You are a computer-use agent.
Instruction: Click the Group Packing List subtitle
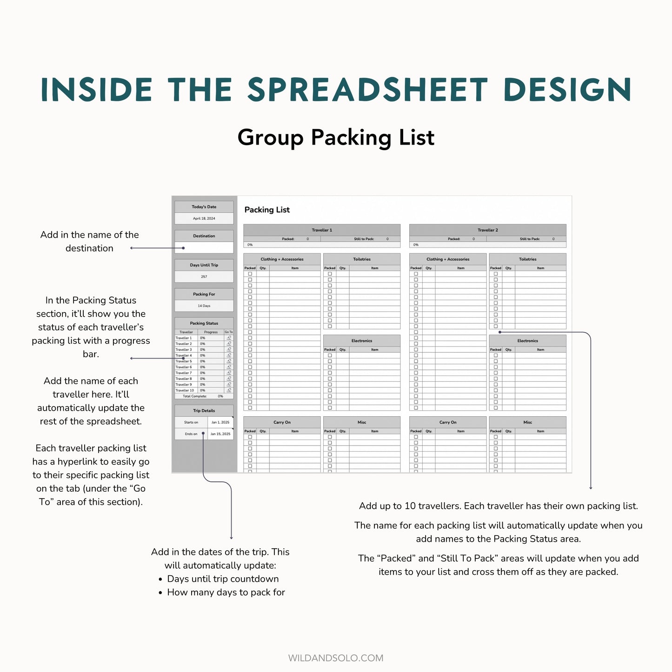336,138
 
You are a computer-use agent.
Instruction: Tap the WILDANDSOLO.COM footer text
336,658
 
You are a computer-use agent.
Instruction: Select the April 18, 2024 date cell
204,219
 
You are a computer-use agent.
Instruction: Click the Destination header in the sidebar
204,236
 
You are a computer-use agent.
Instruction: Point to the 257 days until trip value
204,277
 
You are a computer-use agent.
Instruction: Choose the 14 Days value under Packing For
204,306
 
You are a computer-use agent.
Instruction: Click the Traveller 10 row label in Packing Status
185,391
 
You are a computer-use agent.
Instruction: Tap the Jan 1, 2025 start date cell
220,422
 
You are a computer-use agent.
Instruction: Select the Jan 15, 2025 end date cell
220,434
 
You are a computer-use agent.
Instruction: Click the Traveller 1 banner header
322,230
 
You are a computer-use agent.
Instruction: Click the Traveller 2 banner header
487,230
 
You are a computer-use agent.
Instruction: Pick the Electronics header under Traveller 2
527,341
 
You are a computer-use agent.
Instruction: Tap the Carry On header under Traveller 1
282,422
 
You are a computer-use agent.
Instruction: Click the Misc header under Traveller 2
527,422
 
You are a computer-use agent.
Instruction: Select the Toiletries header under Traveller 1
361,259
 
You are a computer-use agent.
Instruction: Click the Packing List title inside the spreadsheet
267,210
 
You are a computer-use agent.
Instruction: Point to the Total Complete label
194,396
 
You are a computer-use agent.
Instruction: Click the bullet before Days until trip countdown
160,579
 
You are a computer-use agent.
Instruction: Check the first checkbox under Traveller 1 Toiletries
330,274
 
